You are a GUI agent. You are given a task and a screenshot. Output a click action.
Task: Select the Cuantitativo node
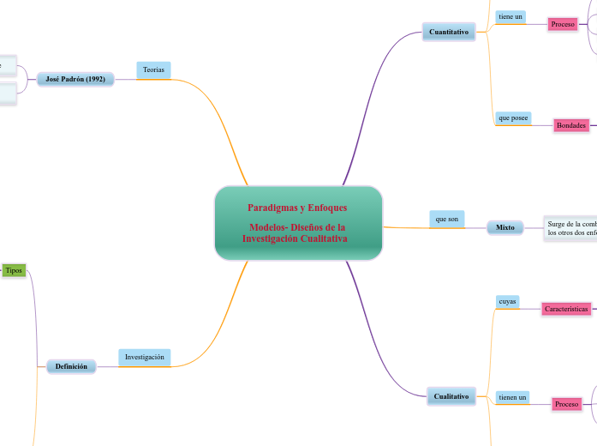point(449,32)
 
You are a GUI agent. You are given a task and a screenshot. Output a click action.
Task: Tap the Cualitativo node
point(451,396)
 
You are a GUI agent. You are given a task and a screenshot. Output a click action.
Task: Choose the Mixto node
point(505,227)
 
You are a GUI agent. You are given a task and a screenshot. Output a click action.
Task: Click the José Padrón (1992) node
point(75,79)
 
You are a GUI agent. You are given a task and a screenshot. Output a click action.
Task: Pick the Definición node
point(71,366)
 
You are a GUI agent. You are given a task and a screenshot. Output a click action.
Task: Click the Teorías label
point(153,69)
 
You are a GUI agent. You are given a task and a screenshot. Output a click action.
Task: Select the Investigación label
point(144,357)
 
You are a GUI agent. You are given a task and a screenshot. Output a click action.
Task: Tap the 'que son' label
point(447,220)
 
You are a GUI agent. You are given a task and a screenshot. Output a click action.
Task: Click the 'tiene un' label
point(510,16)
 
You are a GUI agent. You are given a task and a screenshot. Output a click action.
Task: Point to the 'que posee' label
point(513,118)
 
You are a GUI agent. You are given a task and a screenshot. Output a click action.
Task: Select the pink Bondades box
point(571,125)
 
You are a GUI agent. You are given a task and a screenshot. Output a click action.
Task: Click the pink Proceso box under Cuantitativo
point(564,24)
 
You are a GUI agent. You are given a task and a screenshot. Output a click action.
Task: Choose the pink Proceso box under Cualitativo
point(567,403)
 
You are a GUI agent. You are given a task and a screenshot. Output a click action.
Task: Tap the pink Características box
point(566,309)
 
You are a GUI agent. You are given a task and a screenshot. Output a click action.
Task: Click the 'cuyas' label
point(508,301)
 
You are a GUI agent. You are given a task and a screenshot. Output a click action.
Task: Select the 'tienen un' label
point(513,396)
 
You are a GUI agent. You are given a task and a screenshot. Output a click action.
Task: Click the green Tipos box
point(14,270)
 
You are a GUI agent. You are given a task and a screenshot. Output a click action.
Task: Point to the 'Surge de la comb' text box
point(570,228)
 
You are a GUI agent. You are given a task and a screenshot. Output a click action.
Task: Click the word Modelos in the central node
point(268,227)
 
